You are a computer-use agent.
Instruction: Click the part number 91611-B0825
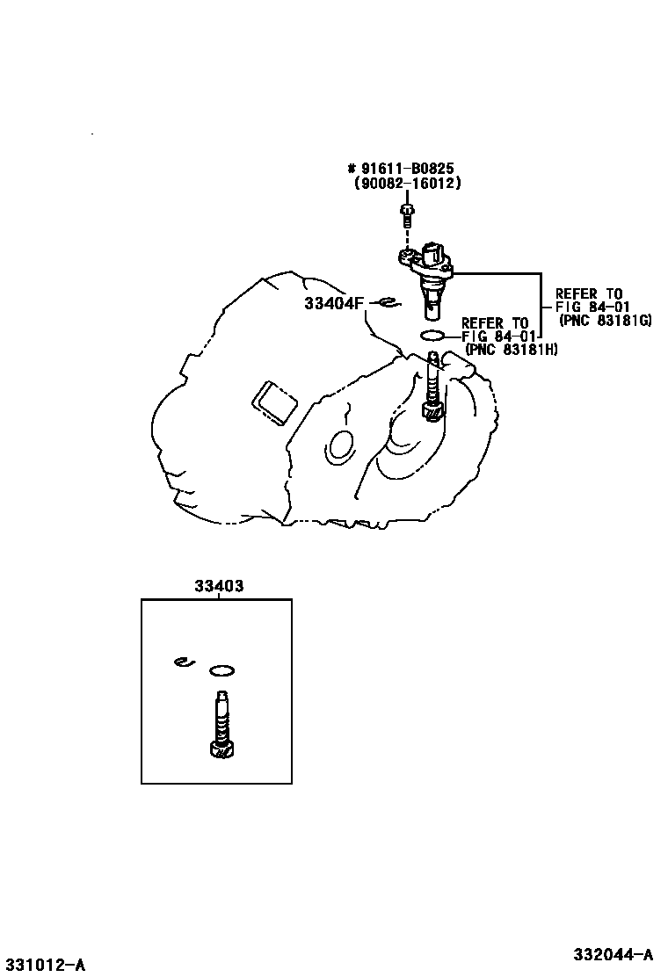[x=410, y=169]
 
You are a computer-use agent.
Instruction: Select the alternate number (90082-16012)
[x=407, y=184]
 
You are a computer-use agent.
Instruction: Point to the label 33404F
[x=334, y=304]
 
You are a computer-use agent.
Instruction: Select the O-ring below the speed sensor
[x=433, y=336]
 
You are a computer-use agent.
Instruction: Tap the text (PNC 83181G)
[x=605, y=321]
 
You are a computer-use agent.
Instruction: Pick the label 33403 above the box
[x=216, y=585]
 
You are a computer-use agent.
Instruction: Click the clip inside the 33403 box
[x=182, y=662]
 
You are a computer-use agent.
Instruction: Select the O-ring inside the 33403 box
[x=222, y=671]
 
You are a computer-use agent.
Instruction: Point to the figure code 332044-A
[x=614, y=954]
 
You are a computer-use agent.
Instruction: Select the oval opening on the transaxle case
[x=339, y=446]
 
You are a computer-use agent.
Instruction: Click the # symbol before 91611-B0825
[x=352, y=169]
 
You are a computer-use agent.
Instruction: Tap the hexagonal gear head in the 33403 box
[x=221, y=749]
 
